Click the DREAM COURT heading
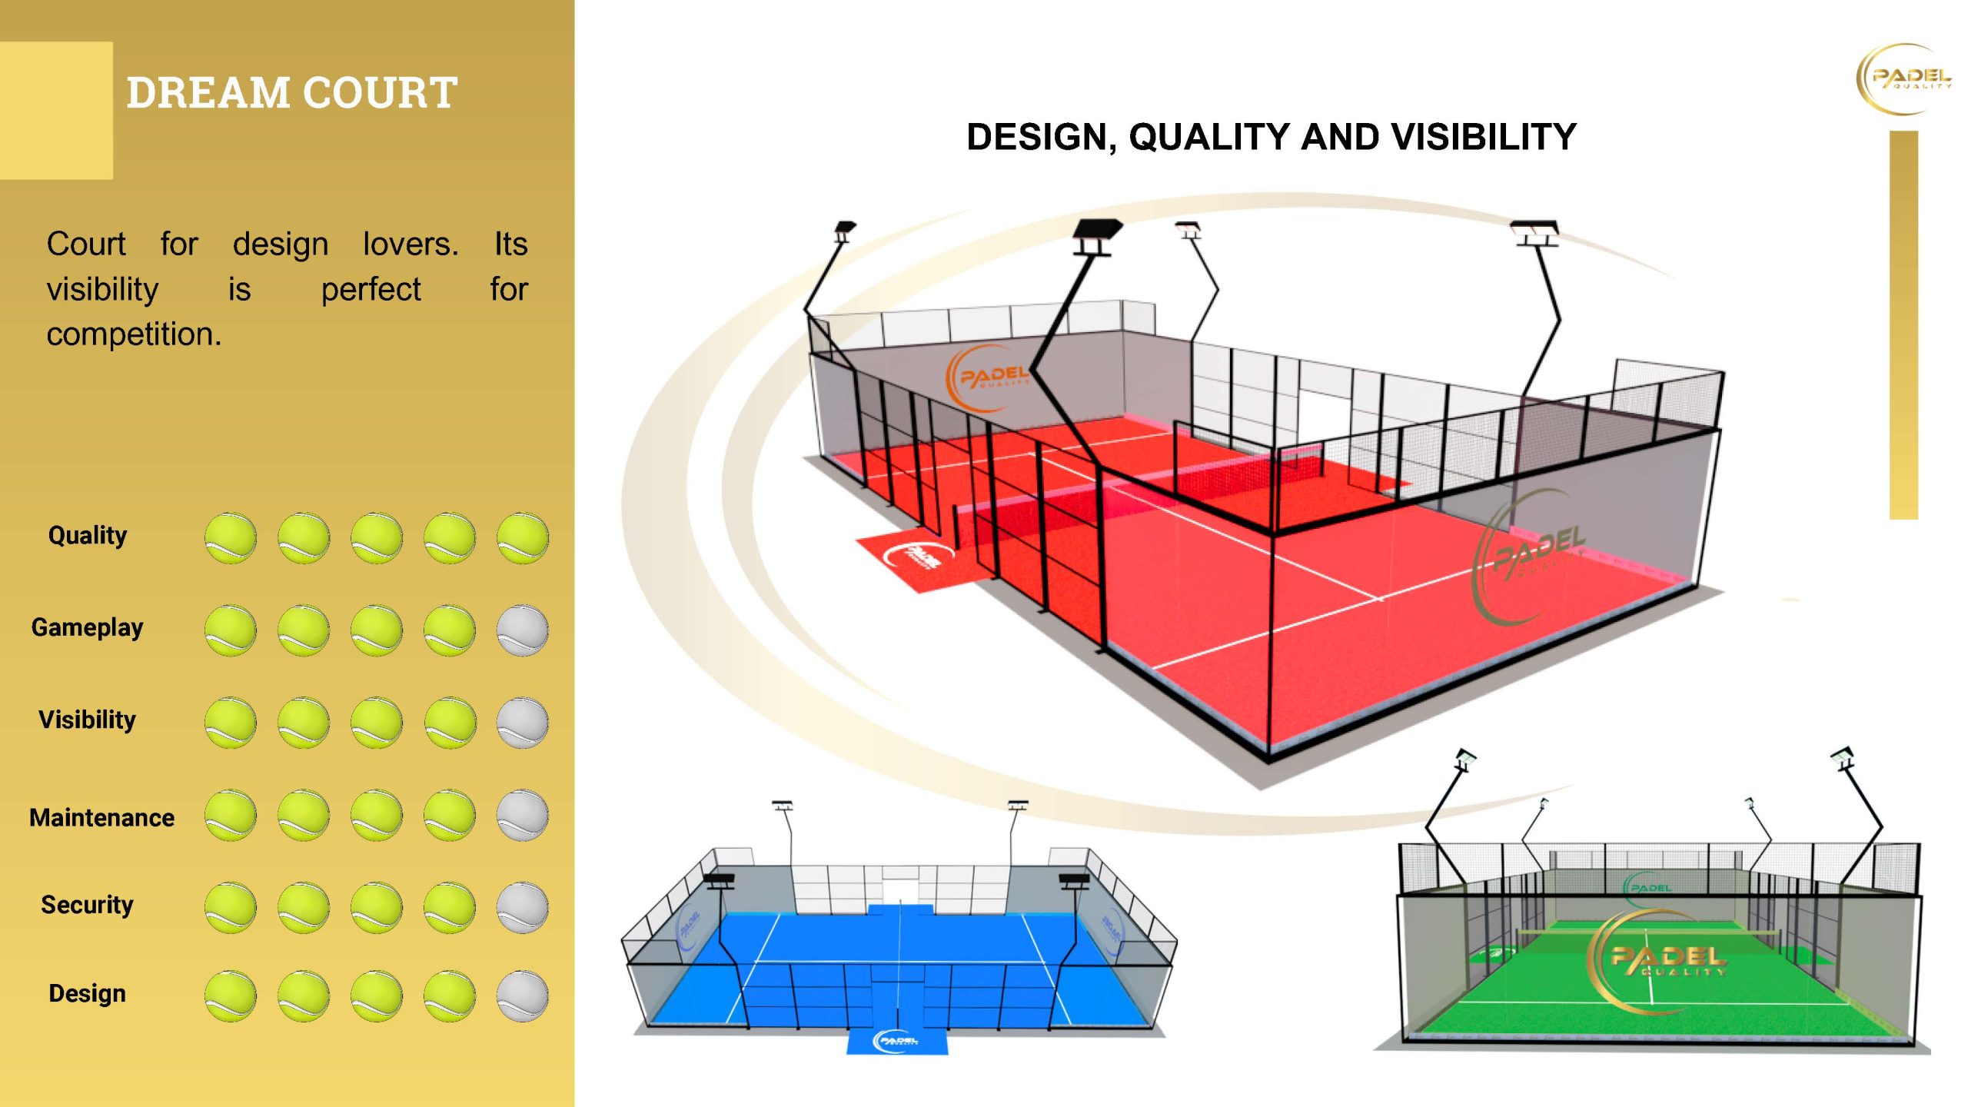coord(292,92)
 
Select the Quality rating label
coord(88,535)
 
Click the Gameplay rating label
coord(87,627)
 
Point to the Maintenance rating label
coord(101,817)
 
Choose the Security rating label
coord(87,905)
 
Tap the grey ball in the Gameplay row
coord(523,630)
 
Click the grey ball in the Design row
coord(523,996)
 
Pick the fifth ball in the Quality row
coord(523,538)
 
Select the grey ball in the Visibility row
coord(523,723)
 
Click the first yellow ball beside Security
coord(231,908)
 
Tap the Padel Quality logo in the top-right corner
coord(1903,79)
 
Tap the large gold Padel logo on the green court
coord(1657,961)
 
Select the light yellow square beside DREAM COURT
coord(56,110)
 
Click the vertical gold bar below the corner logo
coord(1903,325)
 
